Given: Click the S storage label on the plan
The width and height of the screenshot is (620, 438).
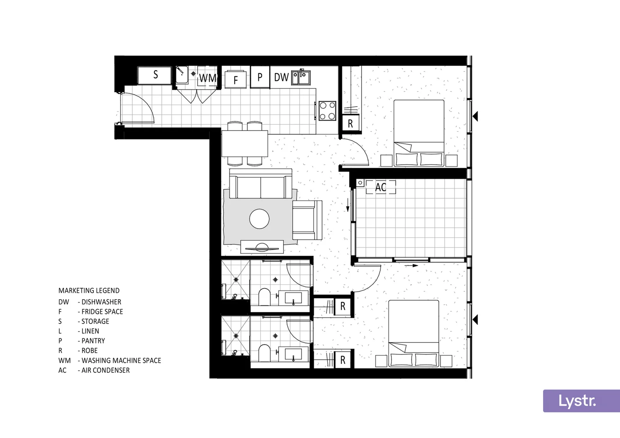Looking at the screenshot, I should point(155,75).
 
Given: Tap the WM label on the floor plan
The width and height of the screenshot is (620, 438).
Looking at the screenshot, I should point(207,78).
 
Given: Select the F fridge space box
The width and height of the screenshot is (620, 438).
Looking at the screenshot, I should point(236,80).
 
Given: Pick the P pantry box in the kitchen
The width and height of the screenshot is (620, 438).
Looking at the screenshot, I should point(260,77).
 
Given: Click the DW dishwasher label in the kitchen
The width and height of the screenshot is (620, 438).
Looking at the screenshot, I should point(281,77).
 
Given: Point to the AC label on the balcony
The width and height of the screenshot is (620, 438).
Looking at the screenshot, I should point(381,187).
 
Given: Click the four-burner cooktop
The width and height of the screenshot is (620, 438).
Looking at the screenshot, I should point(327,111).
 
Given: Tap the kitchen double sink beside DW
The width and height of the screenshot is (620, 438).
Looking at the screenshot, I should point(301,77).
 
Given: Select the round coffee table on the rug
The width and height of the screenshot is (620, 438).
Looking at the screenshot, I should point(259,219).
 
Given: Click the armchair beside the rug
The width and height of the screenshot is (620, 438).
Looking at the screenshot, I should point(307,220).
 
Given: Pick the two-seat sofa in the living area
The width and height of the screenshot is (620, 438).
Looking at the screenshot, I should point(260,185).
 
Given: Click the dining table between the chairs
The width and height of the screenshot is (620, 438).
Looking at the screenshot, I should point(245,143).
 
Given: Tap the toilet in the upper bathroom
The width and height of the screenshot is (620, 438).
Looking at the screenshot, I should point(265,297).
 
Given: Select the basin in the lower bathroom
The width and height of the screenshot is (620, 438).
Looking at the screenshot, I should point(293,354).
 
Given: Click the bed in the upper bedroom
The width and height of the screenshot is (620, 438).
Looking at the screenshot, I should point(419,132).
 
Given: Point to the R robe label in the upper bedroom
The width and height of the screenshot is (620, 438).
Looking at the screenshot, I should point(351,124).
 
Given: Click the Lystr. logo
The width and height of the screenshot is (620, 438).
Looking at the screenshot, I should point(577,400).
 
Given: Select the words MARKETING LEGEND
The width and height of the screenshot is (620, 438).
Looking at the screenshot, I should point(89,290).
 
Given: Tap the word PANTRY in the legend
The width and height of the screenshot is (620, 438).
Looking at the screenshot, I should point(93,341).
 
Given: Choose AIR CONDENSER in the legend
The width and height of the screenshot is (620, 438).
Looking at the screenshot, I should point(105,370).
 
